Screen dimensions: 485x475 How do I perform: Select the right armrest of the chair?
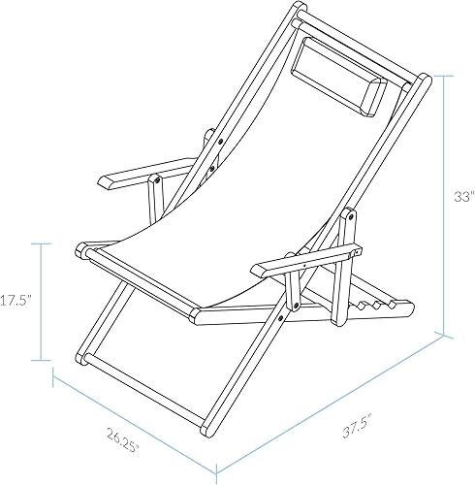pos(302,260)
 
